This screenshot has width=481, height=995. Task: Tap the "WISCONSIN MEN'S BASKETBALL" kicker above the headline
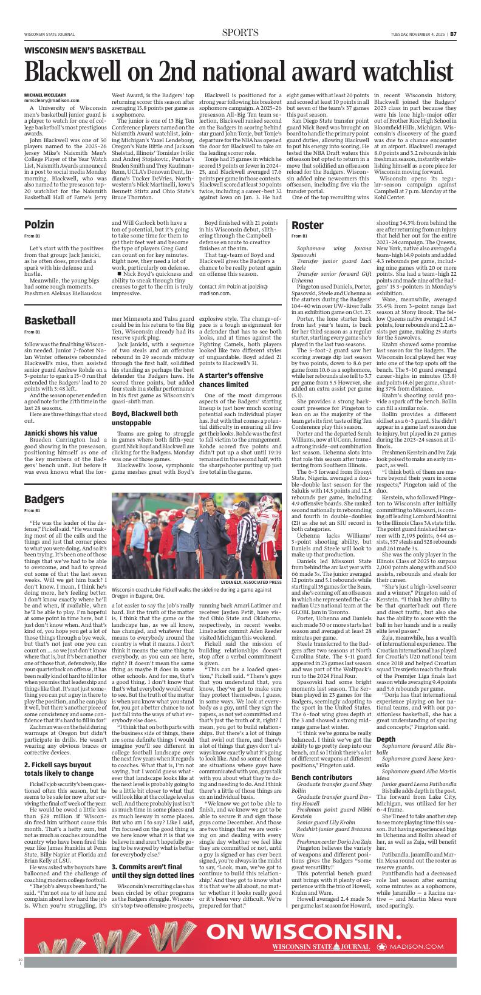(85, 50)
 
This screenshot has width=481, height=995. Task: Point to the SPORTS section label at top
(240, 33)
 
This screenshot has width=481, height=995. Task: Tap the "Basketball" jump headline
(50, 320)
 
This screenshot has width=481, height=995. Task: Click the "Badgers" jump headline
(44, 499)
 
